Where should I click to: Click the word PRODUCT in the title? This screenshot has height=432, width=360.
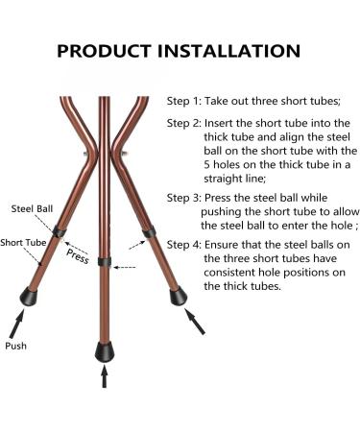tap(104, 51)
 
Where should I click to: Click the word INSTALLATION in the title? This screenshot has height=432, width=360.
tap(229, 51)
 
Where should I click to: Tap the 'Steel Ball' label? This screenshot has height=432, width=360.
tap(32, 209)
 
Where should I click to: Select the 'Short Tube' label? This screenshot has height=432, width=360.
tap(23, 243)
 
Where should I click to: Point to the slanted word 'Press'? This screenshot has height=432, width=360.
tap(78, 256)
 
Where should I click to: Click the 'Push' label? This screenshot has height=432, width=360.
tap(15, 346)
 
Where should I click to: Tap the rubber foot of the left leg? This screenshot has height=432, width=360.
tap(28, 297)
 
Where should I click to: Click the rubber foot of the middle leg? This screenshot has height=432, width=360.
tap(105, 351)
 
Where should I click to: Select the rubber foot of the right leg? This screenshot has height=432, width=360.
tap(178, 296)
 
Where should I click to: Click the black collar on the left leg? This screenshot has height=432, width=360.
tap(60, 231)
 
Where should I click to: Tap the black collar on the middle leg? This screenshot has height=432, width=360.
tap(105, 261)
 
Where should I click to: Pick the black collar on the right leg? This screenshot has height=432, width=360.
tap(149, 232)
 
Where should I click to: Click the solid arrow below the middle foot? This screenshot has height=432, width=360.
tap(104, 376)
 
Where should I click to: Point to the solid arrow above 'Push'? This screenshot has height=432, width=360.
tap(16, 324)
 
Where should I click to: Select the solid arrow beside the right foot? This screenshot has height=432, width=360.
tap(195, 322)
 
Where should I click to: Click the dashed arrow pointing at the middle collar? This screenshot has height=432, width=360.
tap(125, 267)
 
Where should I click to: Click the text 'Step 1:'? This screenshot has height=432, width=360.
tap(184, 101)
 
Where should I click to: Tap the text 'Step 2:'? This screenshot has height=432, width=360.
tap(184, 123)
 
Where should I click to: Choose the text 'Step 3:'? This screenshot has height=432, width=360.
tap(184, 198)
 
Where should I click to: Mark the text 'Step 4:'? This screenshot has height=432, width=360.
tap(184, 245)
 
